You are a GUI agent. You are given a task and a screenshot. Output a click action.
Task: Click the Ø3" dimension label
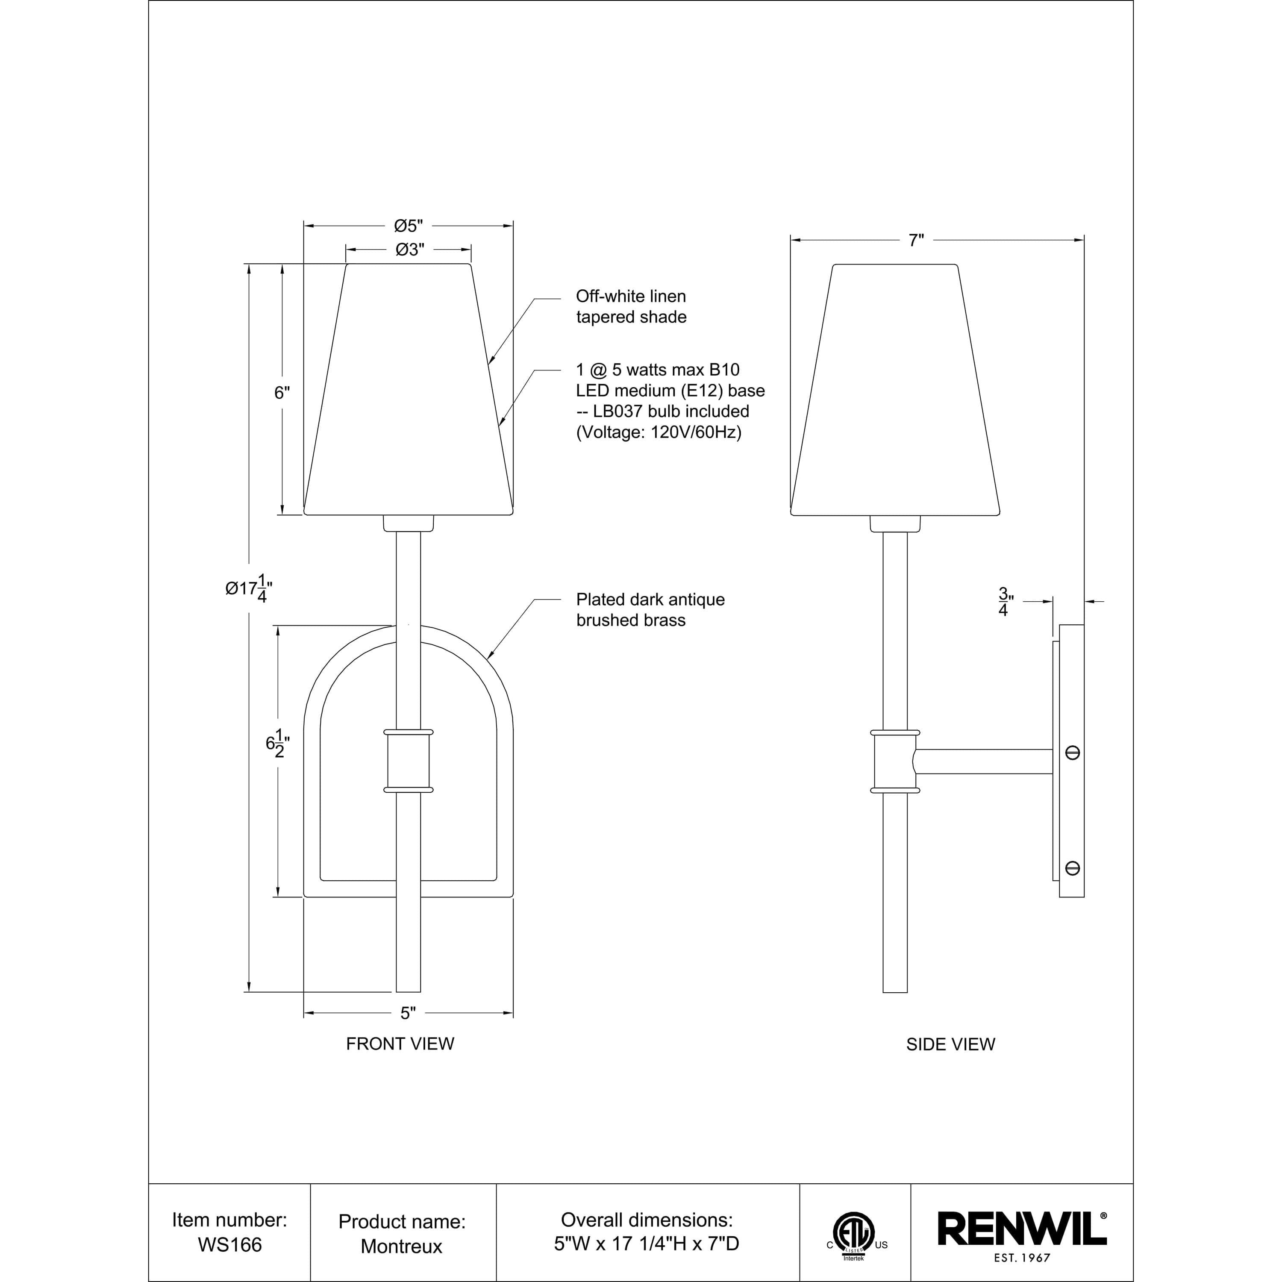point(409,250)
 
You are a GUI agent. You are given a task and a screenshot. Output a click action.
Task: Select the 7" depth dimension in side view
point(916,240)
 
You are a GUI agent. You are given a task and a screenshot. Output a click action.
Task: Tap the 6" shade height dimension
point(282,393)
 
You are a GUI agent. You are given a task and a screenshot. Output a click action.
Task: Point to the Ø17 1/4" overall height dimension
point(249,588)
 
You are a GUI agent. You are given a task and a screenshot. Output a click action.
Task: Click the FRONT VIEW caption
point(400,1044)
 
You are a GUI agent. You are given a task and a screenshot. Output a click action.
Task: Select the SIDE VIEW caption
point(950,1044)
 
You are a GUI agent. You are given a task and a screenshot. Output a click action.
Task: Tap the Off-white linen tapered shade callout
point(630,306)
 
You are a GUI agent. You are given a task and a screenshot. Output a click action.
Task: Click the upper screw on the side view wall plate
point(1072,753)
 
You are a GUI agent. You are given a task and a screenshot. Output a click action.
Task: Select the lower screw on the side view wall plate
point(1072,868)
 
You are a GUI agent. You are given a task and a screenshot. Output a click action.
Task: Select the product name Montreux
point(401,1246)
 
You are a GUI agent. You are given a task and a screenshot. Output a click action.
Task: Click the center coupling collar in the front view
point(408,761)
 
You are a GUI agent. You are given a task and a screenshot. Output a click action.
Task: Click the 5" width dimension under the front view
point(408,1013)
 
